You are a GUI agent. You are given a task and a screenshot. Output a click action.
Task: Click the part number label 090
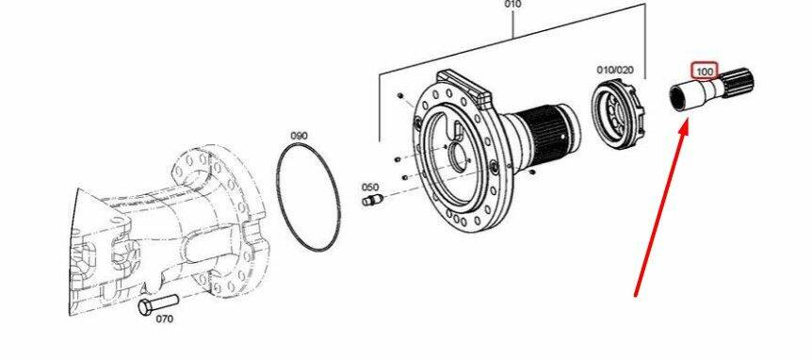pos(299,136)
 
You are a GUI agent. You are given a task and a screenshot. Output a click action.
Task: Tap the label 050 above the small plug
pos(370,187)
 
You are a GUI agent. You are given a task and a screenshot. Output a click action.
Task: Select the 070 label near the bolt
pos(165,319)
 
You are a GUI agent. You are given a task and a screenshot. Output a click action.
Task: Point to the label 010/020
pos(615,70)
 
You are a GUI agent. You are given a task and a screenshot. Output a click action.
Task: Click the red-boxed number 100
pos(705,71)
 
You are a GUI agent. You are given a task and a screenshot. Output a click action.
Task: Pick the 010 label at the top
pos(512,4)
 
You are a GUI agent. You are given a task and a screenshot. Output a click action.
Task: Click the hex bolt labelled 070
pos(158,304)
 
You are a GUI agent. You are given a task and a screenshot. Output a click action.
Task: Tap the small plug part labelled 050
pos(372,200)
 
